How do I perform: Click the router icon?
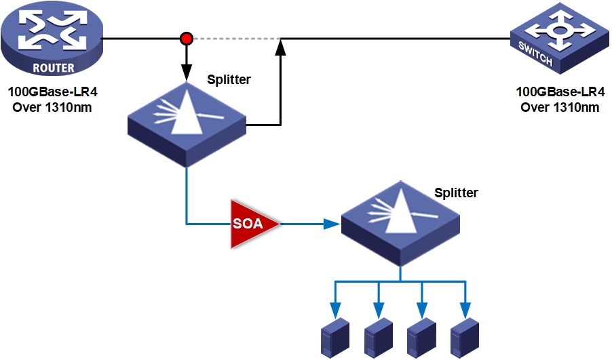(52, 38)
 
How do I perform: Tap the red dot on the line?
(186, 39)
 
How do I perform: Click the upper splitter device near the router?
(186, 123)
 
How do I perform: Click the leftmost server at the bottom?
(334, 337)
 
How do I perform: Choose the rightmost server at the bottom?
(465, 337)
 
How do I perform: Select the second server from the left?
(379, 337)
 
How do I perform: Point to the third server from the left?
(422, 337)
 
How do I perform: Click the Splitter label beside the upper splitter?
(229, 80)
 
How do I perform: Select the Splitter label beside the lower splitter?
(456, 193)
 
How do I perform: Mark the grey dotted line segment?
(234, 39)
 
